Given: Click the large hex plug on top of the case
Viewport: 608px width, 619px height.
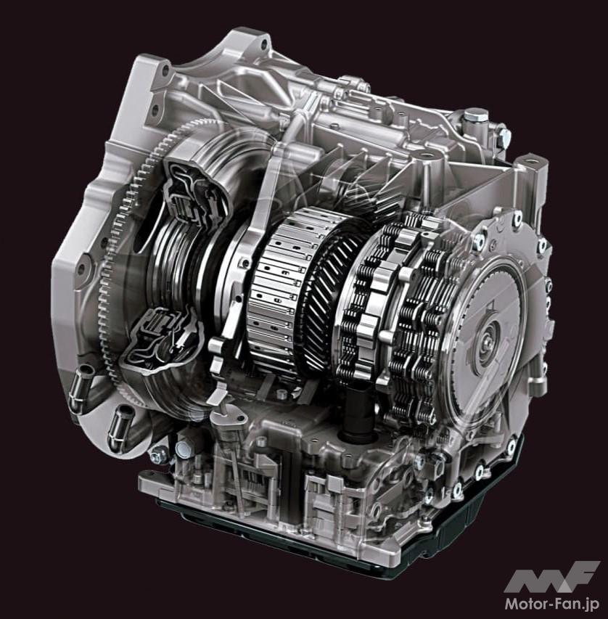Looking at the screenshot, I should click(475, 116).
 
